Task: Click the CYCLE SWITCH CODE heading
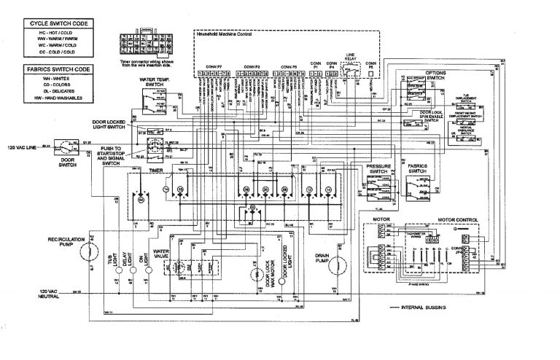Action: coord(56,23)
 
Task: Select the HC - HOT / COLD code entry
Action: coord(56,33)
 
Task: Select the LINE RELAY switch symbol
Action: coord(351,74)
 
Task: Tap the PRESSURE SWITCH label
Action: coord(380,171)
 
